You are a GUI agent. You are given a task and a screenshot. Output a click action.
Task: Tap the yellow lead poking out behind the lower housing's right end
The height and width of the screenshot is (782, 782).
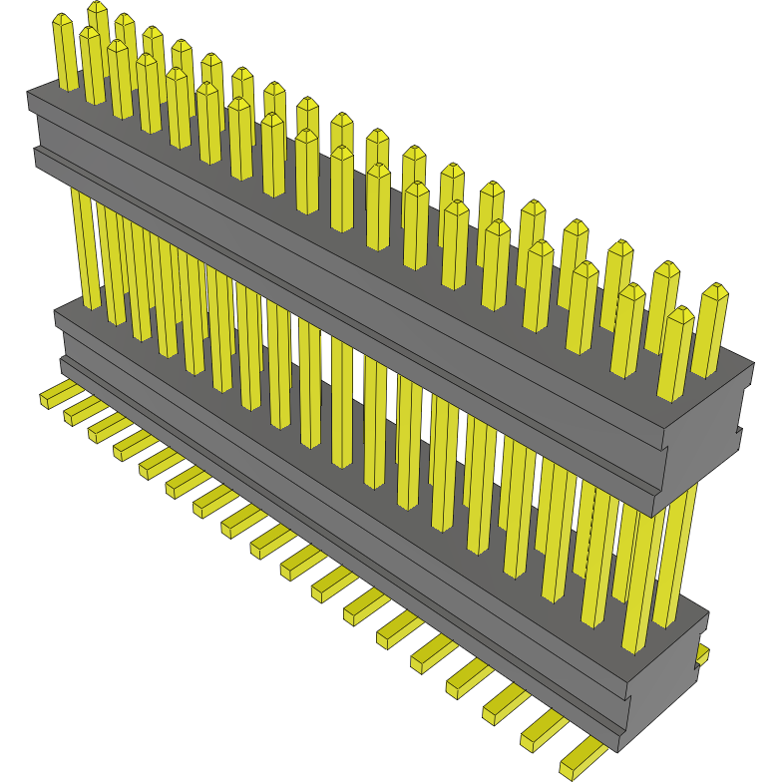tap(703, 654)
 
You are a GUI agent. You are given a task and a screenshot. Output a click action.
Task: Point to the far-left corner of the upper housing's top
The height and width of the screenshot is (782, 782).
tap(29, 93)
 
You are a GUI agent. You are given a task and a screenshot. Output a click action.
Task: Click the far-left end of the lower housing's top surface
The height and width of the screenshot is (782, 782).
tap(58, 314)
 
